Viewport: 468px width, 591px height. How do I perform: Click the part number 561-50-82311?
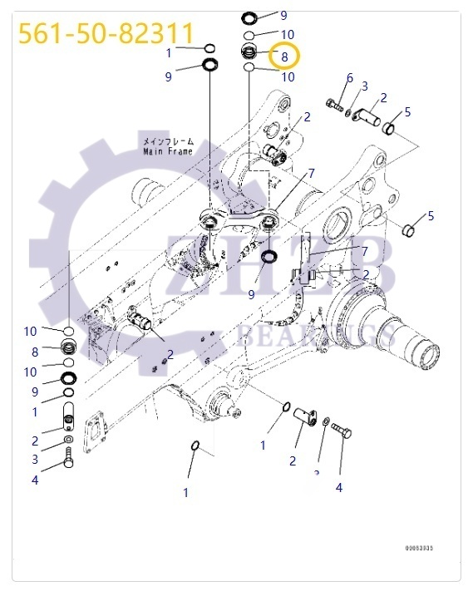[x=106, y=33]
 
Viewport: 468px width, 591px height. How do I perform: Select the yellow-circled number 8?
[x=284, y=57]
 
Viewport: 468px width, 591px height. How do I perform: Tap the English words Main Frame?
[x=167, y=151]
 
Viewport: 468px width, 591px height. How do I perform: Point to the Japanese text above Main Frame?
[x=167, y=141]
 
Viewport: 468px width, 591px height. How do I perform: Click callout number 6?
[x=350, y=77]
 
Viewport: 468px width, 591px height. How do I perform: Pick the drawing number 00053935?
[x=420, y=549]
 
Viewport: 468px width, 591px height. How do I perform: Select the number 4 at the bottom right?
[x=339, y=488]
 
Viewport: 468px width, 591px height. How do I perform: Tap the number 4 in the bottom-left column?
[x=35, y=479]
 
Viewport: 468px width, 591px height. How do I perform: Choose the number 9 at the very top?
[x=283, y=15]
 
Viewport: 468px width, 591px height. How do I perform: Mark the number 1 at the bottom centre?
[x=186, y=492]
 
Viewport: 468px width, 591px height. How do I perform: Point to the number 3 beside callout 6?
[x=364, y=86]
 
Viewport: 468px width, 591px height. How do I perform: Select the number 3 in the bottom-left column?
[x=35, y=459]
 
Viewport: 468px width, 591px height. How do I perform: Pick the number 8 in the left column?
[x=35, y=352]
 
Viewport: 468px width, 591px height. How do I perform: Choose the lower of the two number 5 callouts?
[x=431, y=216]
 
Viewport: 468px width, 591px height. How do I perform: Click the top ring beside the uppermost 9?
[x=249, y=17]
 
